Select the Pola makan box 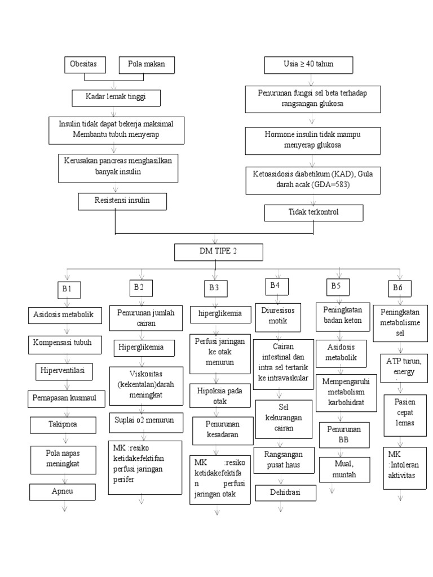click(x=147, y=65)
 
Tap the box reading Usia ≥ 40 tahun click(x=308, y=65)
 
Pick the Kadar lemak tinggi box click(x=116, y=97)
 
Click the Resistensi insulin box click(x=122, y=201)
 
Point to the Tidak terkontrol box click(x=314, y=213)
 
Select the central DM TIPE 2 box click(x=218, y=252)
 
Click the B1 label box click(x=68, y=290)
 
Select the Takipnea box click(x=67, y=424)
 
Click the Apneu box click(x=64, y=492)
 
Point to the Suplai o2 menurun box click(x=145, y=420)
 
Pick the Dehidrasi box click(x=285, y=492)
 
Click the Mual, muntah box click(x=342, y=469)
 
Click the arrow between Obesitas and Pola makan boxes click(x=115, y=82)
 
